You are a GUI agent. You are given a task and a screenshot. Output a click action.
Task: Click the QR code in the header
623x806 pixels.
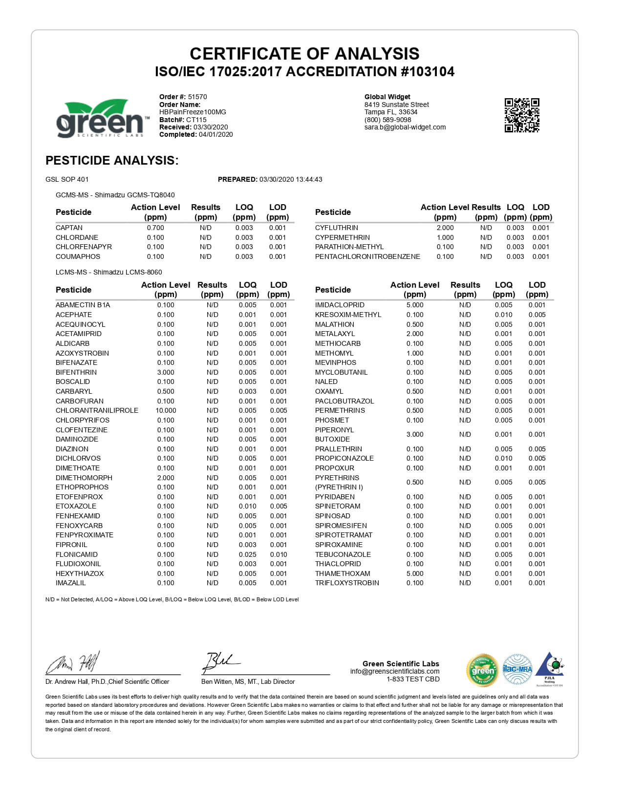[522, 115]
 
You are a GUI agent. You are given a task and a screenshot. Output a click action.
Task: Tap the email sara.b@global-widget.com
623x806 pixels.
[405, 127]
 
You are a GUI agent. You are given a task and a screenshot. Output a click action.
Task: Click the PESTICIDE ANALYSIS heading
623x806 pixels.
[112, 160]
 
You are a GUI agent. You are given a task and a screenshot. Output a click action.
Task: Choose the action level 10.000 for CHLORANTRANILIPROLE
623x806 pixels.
[166, 410]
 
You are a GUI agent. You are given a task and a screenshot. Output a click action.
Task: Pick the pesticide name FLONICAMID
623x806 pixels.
[77, 554]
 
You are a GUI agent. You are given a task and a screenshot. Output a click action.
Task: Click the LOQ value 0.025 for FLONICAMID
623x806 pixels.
[247, 554]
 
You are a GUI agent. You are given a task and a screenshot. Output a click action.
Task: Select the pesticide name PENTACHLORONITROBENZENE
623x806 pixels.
[367, 256]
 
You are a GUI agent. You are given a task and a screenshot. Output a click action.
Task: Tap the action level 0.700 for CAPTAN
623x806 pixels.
[155, 228]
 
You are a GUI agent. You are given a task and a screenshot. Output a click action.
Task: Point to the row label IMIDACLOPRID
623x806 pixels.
[340, 305]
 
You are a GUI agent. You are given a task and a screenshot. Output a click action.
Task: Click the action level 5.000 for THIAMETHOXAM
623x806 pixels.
[415, 573]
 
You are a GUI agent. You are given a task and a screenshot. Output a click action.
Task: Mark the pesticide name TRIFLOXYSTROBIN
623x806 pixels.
[347, 583]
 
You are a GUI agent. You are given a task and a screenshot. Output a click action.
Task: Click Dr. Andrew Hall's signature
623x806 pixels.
[73, 663]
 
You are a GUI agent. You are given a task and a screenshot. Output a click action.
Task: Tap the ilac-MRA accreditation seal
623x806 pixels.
[517, 669]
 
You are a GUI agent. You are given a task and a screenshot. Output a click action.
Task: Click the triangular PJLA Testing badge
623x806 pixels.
[550, 668]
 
